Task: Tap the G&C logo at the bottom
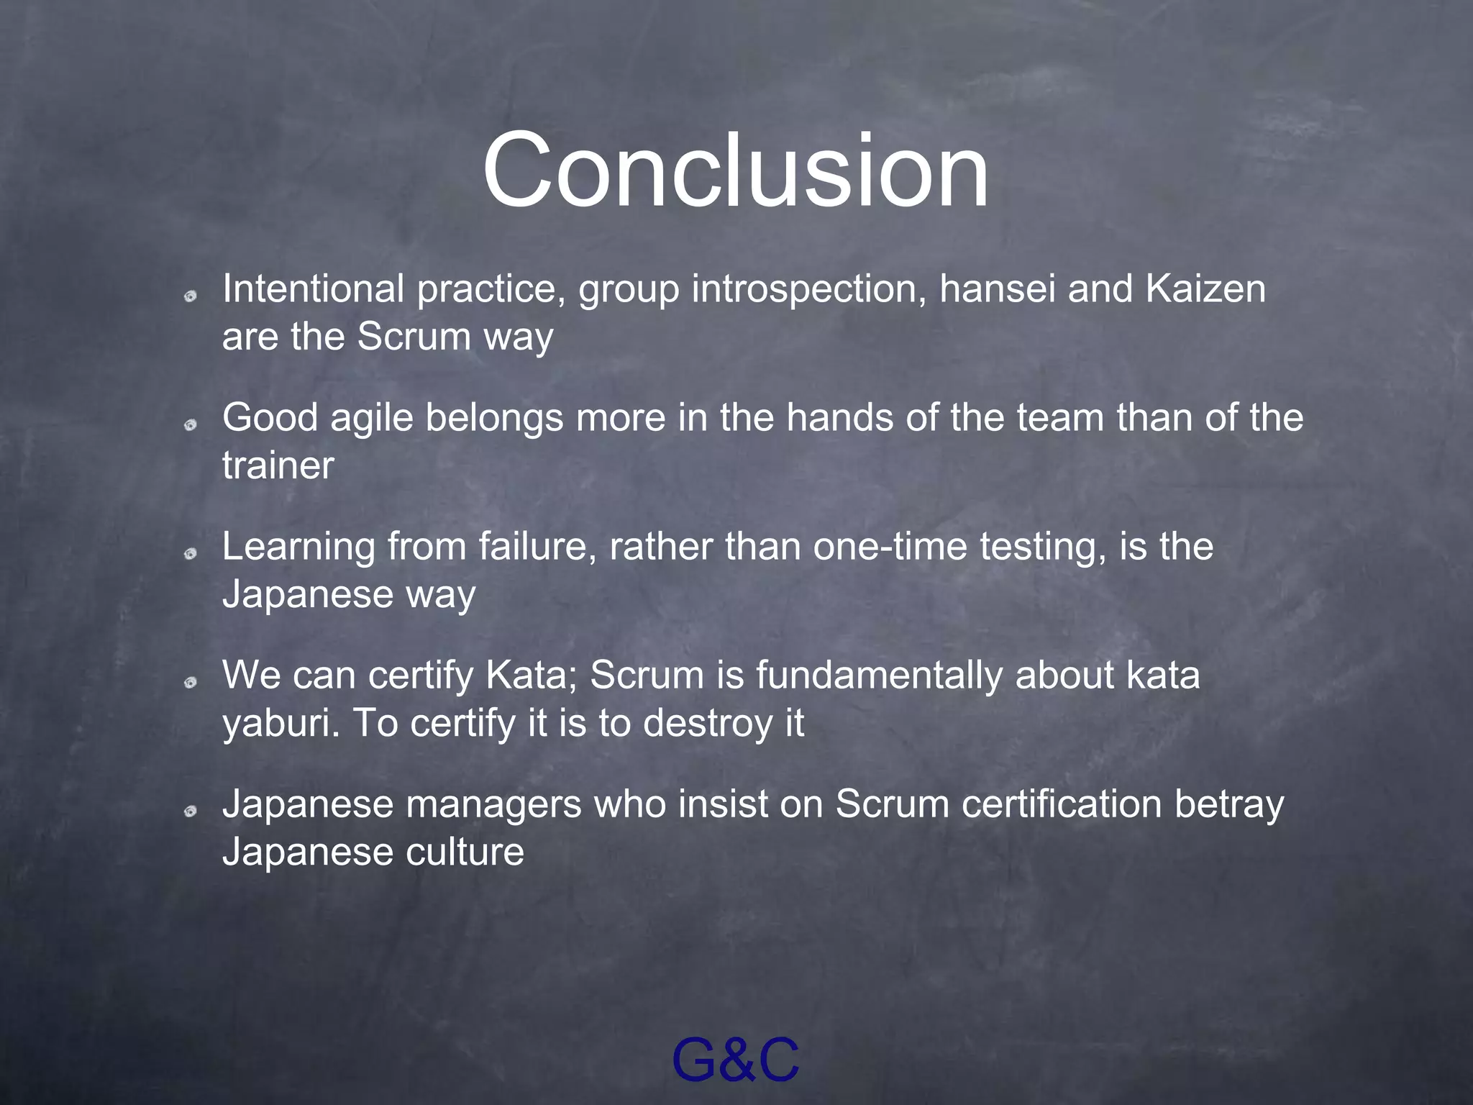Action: [x=735, y=1060]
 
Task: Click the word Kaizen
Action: [x=1205, y=288]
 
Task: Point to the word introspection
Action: [x=809, y=290]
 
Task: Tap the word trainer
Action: [x=278, y=465]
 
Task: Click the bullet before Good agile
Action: [x=191, y=425]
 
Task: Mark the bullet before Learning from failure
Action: [x=191, y=553]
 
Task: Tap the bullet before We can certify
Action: [x=191, y=683]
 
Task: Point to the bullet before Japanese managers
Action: [x=191, y=811]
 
